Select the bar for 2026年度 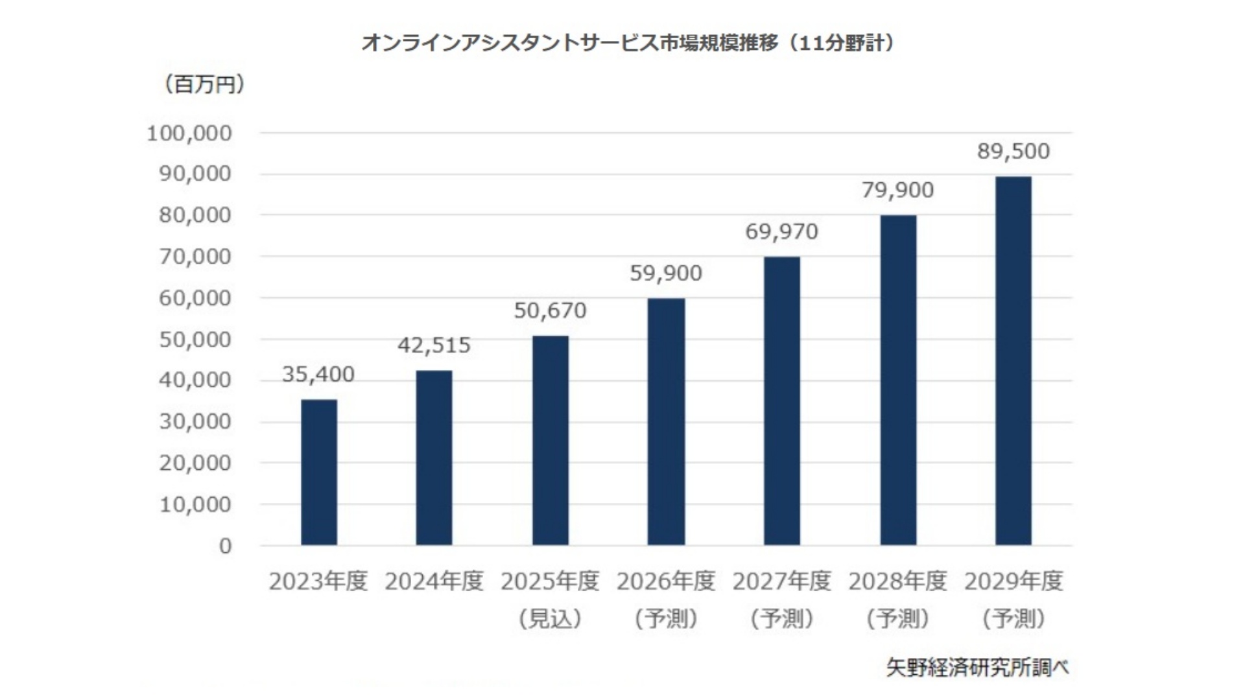coord(666,421)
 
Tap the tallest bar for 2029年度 coord(1014,360)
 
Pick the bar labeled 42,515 coord(434,458)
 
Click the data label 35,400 coord(318,375)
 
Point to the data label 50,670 coord(550,311)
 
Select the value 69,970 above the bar coord(781,231)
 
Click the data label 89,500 coord(1014,151)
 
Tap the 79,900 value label coord(897,190)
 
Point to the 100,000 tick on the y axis coord(189,134)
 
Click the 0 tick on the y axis coord(225,546)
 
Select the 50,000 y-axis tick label coord(195,340)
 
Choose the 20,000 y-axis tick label coord(195,463)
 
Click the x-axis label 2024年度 coord(434,581)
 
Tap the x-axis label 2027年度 coord(781,581)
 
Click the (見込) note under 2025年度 coord(550,619)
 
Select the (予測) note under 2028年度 coord(897,619)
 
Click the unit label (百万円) coord(204,84)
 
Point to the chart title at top coord(628,43)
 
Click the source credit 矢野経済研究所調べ coord(977,668)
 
